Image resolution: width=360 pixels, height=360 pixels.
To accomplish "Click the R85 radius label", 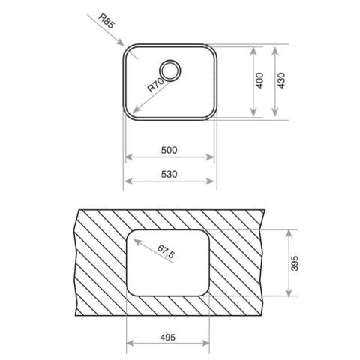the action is (x=106, y=21).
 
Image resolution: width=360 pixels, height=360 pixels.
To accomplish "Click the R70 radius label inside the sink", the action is (x=156, y=85).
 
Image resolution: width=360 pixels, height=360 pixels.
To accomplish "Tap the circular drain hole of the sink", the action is (x=170, y=70).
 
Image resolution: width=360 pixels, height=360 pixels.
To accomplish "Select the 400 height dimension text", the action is (x=260, y=80).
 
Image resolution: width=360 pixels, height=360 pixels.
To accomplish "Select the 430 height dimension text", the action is (x=281, y=80).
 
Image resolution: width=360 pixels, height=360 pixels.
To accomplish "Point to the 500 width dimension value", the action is (x=169, y=150).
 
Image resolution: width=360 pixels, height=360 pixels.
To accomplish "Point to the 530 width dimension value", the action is (x=169, y=174).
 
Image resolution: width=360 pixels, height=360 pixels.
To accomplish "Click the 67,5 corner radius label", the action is (x=166, y=251).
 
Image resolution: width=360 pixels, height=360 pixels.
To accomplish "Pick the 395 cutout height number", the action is (x=295, y=263).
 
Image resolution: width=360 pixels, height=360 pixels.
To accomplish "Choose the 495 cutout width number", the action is (x=168, y=337).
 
